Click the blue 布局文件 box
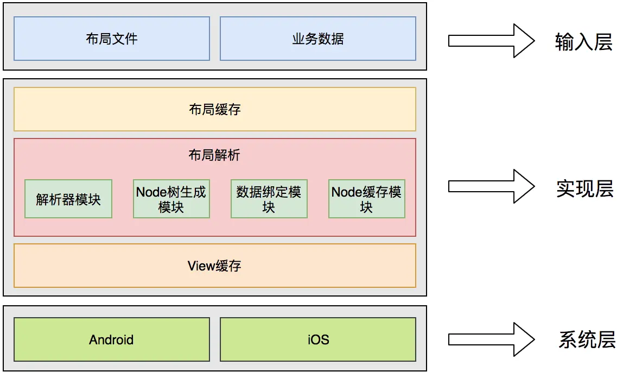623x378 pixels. [x=111, y=39]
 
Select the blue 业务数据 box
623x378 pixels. [x=317, y=39]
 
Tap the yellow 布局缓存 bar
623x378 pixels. [x=214, y=110]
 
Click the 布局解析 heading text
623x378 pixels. [x=214, y=156]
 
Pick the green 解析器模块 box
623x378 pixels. [x=68, y=199]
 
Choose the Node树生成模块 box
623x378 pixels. [x=171, y=199]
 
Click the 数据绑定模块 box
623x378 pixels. [x=269, y=199]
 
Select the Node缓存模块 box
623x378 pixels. [x=366, y=199]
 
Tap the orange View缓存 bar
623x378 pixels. [x=214, y=266]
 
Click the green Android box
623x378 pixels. [x=111, y=340]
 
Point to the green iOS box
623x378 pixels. [x=317, y=340]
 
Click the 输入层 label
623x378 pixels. [x=583, y=42]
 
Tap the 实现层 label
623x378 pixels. [x=584, y=188]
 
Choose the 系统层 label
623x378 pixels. [x=587, y=340]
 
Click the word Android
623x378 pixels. [x=111, y=340]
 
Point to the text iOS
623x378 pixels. [x=318, y=340]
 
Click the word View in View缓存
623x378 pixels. [x=201, y=266]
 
